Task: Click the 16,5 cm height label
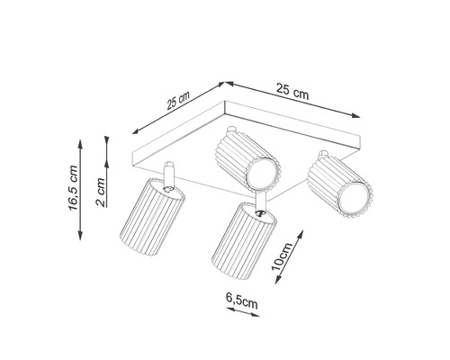pyautogui.click(x=74, y=188)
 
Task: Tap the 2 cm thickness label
pyautogui.click(x=101, y=193)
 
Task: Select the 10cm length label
pyautogui.click(x=283, y=256)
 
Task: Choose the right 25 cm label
pyautogui.click(x=292, y=91)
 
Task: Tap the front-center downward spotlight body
pyautogui.click(x=244, y=241)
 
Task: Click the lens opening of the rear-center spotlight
pyautogui.click(x=261, y=174)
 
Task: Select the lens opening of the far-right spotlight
pyautogui.click(x=354, y=199)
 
